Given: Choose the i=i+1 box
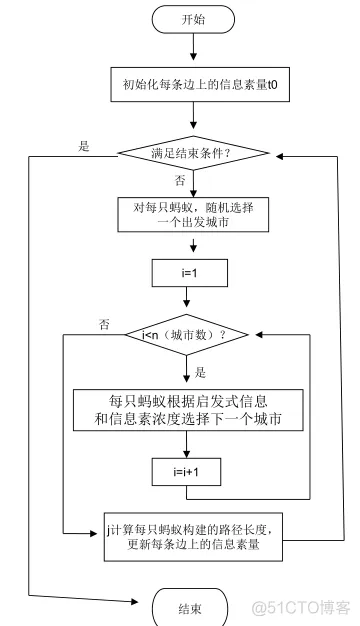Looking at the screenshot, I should click(x=187, y=467).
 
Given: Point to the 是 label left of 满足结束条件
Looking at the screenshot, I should click(x=84, y=146).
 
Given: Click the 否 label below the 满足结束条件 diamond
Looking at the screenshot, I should click(x=180, y=181).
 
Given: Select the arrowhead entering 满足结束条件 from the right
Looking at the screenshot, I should click(x=279, y=154).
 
